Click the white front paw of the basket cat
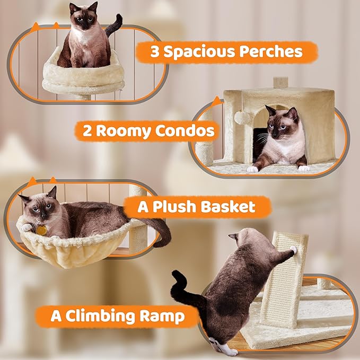click(x=26, y=227)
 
